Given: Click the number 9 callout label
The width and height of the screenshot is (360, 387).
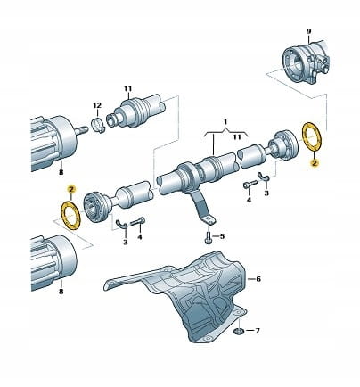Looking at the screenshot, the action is pos(308,31).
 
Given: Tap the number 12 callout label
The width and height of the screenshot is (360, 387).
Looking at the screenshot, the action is pos(97,105).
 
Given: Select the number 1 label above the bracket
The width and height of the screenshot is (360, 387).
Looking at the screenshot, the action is pos(225,122).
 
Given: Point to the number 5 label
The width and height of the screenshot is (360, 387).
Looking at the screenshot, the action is pos(222,236).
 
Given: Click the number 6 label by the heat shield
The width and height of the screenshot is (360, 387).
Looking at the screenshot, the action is pos(258,279).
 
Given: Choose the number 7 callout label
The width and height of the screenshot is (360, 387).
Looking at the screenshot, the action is pos(258,331).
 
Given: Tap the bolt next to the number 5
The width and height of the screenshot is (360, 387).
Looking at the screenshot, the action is pos(208,237).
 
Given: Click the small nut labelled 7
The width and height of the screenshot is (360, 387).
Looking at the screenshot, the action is pos(238,331).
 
